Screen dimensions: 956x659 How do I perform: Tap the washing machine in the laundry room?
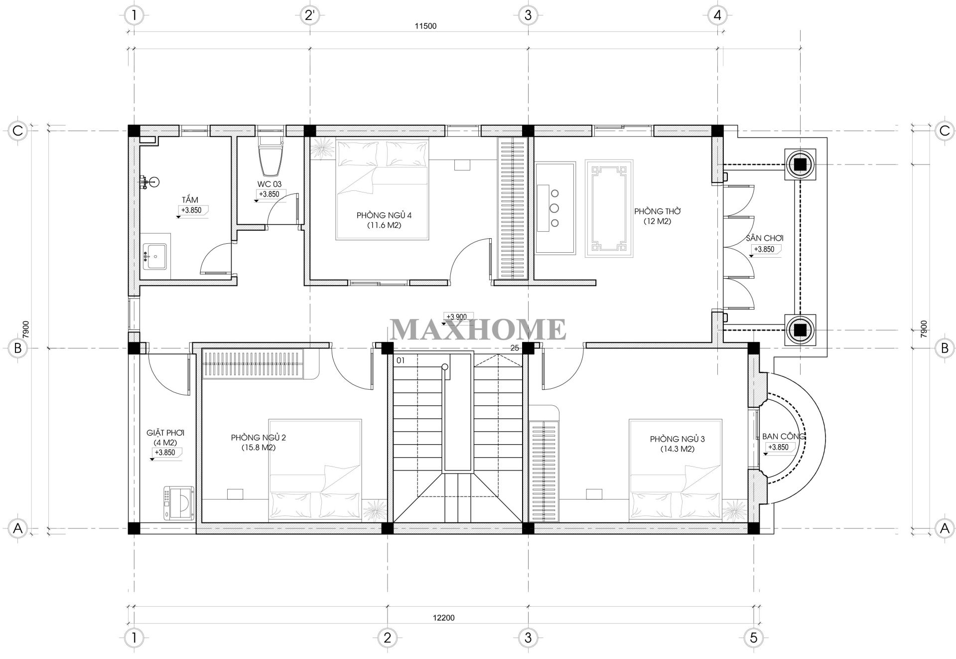tap(177, 503)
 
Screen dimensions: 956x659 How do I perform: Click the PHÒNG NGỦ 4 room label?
tap(384, 215)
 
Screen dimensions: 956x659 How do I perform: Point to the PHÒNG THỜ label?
tap(657, 211)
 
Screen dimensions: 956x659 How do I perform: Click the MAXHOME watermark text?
tap(478, 329)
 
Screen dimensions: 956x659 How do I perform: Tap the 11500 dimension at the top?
tap(425, 26)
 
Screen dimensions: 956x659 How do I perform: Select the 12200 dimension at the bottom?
tap(443, 618)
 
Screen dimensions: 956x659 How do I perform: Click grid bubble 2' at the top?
tap(310, 15)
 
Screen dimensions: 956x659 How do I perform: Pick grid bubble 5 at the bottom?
tap(753, 638)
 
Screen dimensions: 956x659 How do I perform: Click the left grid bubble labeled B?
tap(18, 348)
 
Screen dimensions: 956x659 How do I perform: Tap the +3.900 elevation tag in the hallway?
tap(456, 317)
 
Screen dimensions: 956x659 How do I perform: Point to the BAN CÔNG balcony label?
tap(784, 437)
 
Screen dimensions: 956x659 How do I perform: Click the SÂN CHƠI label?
tap(765, 238)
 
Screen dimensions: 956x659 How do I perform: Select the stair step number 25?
tap(515, 348)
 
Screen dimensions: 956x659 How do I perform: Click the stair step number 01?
tap(401, 359)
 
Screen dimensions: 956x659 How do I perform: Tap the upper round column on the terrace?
tap(800, 165)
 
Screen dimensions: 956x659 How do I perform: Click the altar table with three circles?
tap(554, 207)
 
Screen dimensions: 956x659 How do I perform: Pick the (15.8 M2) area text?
tap(258, 448)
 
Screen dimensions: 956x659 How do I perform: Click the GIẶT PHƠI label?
tap(165, 433)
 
